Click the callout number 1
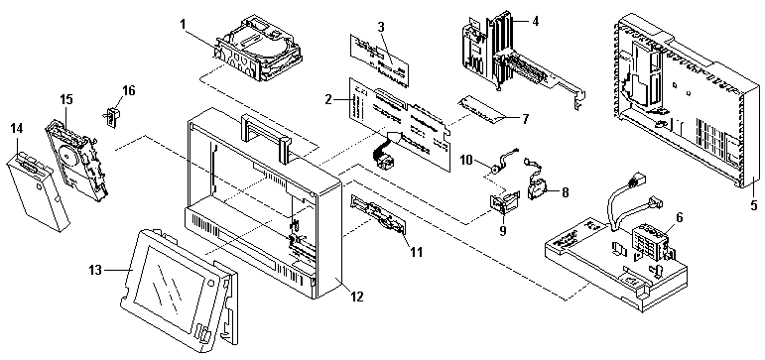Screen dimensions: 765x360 (x=182, y=24)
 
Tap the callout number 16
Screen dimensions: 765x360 (x=129, y=90)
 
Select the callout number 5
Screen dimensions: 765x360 (x=754, y=205)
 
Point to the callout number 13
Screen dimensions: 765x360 (x=96, y=270)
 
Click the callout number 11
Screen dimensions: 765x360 (x=416, y=252)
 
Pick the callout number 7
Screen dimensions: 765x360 (x=525, y=118)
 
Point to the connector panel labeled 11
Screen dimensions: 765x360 (x=377, y=219)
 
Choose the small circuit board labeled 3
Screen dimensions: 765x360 (x=379, y=59)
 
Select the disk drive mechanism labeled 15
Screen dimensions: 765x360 (x=78, y=159)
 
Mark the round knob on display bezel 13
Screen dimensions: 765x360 (x=210, y=284)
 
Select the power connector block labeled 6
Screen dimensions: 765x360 (x=650, y=240)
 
